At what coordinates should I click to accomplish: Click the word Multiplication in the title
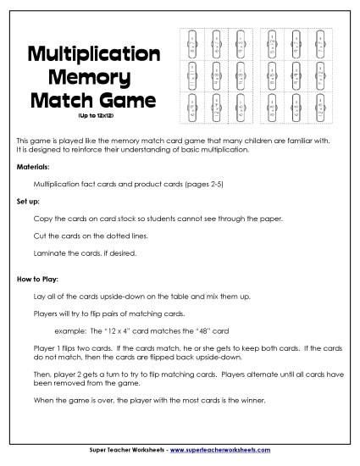[94, 54]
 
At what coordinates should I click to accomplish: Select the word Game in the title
[127, 102]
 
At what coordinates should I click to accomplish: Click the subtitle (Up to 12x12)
[94, 116]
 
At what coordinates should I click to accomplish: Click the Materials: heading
[33, 167]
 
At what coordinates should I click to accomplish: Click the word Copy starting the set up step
[42, 219]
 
